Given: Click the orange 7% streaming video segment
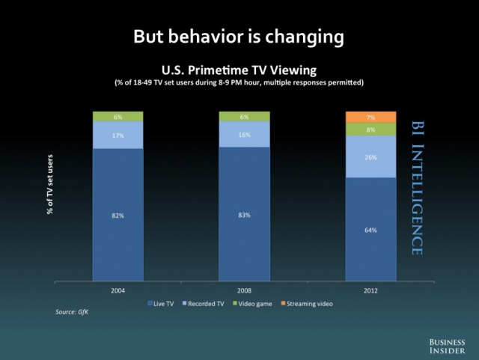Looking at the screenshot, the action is [371, 117].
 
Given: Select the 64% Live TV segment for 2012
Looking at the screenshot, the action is [371, 229].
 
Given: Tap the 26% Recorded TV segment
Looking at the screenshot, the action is [371, 156].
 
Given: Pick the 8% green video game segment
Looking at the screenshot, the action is [371, 129].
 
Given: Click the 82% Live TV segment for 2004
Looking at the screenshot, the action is [118, 215].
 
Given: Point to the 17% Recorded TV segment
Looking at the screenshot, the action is [118, 135].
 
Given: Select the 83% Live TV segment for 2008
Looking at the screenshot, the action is [245, 214].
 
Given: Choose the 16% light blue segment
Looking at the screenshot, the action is [245, 135].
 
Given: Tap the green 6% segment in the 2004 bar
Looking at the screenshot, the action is [118, 117].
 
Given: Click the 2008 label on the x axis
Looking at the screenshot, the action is [245, 290].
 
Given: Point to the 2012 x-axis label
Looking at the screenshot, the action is [370, 290].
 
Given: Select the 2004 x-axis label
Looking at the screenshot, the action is [118, 290].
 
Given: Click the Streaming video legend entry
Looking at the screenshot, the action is [307, 304].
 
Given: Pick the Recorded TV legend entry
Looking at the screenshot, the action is [203, 304].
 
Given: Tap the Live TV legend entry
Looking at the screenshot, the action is [161, 304].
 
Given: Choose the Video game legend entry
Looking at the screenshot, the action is [252, 304].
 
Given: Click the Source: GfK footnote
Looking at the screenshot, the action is [72, 312].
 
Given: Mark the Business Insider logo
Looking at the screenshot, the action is [447, 347].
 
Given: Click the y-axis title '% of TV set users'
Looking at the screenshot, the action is [50, 185].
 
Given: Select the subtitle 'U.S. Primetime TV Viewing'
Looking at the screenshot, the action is [239, 70].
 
